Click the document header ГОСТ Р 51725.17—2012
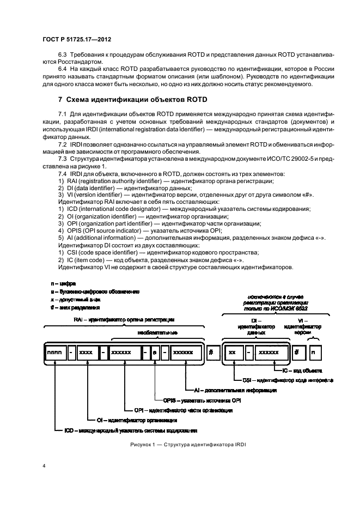[73, 39]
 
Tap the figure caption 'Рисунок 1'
[179, 444]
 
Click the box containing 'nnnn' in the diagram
[55, 353]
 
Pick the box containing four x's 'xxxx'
[87, 353]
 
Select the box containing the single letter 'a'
[155, 353]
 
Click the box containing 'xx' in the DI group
[234, 353]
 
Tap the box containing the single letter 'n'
[313, 353]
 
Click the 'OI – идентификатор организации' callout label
[136, 420]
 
